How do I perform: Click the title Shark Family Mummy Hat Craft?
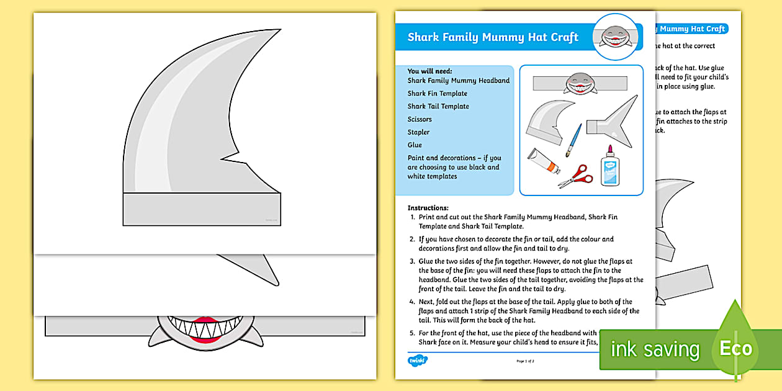pos(493,37)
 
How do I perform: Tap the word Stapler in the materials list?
pos(418,132)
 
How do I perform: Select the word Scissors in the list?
pos(420,119)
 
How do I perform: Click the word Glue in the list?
pos(415,145)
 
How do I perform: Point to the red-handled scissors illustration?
pos(577,176)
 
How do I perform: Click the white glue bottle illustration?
pos(610,166)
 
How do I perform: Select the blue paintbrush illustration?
pos(573,140)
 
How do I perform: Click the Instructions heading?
pos(428,208)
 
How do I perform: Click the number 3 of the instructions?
pos(412,262)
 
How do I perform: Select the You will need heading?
pos(429,71)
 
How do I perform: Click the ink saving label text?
pos(655,349)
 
